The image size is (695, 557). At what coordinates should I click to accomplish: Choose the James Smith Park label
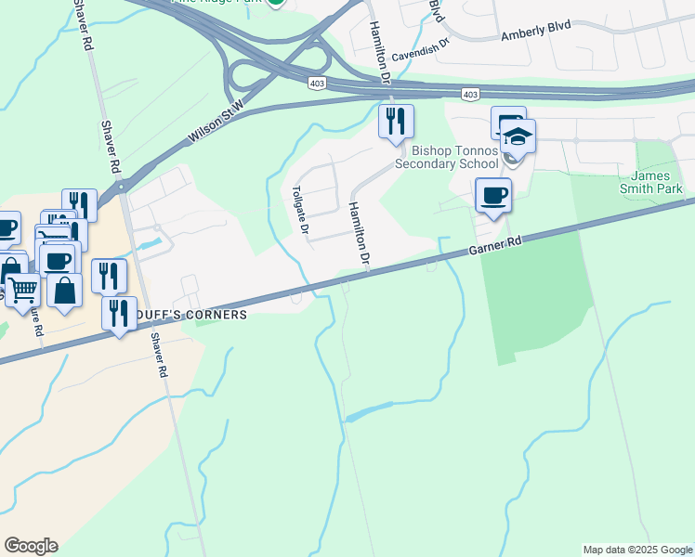pyautogui.click(x=657, y=182)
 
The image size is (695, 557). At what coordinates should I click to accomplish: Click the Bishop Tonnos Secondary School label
pyautogui.click(x=448, y=157)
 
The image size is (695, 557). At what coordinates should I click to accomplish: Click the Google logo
pyautogui.click(x=31, y=546)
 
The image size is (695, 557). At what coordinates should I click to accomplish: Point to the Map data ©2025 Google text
pyautogui.click(x=637, y=550)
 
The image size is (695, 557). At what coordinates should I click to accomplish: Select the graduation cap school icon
pyautogui.click(x=517, y=137)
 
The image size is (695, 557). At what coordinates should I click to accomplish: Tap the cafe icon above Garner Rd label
pyautogui.click(x=492, y=196)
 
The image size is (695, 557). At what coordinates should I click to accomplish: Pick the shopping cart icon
pyautogui.click(x=22, y=289)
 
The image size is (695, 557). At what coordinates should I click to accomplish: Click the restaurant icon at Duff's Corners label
pyautogui.click(x=119, y=313)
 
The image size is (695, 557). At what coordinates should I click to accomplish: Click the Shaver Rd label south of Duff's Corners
pyautogui.click(x=160, y=356)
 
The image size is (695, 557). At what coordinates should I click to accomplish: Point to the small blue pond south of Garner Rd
pyautogui.click(x=370, y=412)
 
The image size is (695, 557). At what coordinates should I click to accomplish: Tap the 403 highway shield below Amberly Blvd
pyautogui.click(x=470, y=95)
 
